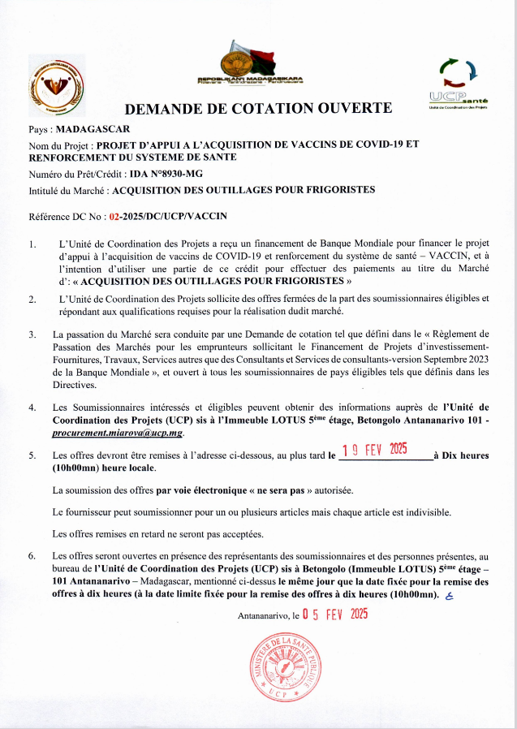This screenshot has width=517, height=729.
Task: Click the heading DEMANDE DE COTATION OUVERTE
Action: click(x=258, y=108)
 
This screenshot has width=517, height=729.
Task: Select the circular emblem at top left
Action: click(x=54, y=86)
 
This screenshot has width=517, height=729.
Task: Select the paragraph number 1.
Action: click(x=32, y=244)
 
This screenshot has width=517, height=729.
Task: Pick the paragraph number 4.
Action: click(x=32, y=407)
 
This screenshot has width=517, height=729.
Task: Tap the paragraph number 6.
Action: click(x=32, y=556)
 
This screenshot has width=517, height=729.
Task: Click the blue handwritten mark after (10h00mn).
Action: click(x=449, y=595)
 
